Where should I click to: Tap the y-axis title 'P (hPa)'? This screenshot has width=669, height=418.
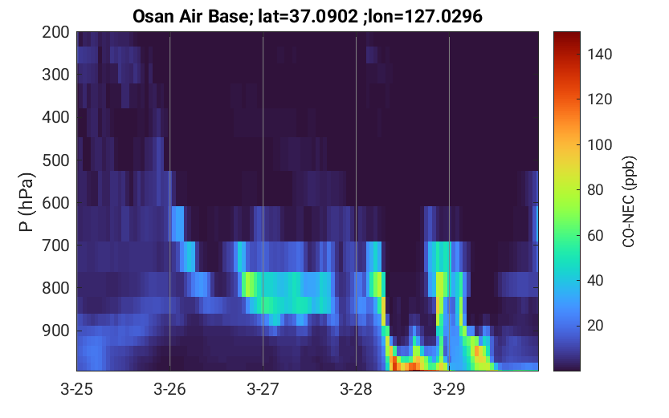pyautogui.click(x=26, y=202)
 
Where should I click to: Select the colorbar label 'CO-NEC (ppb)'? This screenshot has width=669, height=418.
pyautogui.click(x=629, y=201)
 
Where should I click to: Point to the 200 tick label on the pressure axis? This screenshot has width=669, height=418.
pyautogui.click(x=55, y=31)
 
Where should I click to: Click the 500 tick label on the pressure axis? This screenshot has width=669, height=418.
pyautogui.click(x=55, y=160)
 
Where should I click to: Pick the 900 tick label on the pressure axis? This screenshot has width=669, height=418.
pyautogui.click(x=55, y=331)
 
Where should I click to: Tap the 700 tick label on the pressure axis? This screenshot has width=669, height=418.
pyautogui.click(x=55, y=246)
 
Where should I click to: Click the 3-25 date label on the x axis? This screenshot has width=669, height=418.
pyautogui.click(x=77, y=389)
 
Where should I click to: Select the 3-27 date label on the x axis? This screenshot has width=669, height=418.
pyautogui.click(x=263, y=389)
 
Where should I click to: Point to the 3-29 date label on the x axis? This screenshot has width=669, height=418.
pyautogui.click(x=449, y=389)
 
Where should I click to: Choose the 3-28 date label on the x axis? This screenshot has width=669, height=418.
pyautogui.click(x=357, y=389)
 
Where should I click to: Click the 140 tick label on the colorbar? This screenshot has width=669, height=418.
pyautogui.click(x=599, y=54)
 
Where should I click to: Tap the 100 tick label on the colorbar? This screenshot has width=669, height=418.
pyautogui.click(x=599, y=144)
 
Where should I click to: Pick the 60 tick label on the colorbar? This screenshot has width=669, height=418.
pyautogui.click(x=595, y=235)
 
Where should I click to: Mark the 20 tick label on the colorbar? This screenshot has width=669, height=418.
pyautogui.click(x=595, y=326)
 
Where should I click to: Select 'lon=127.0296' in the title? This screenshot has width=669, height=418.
pyautogui.click(x=426, y=16)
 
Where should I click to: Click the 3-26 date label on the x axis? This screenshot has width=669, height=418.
pyautogui.click(x=169, y=389)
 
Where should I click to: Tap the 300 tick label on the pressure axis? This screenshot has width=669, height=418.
pyautogui.click(x=55, y=75)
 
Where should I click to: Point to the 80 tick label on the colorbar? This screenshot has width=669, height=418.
pyautogui.click(x=595, y=190)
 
